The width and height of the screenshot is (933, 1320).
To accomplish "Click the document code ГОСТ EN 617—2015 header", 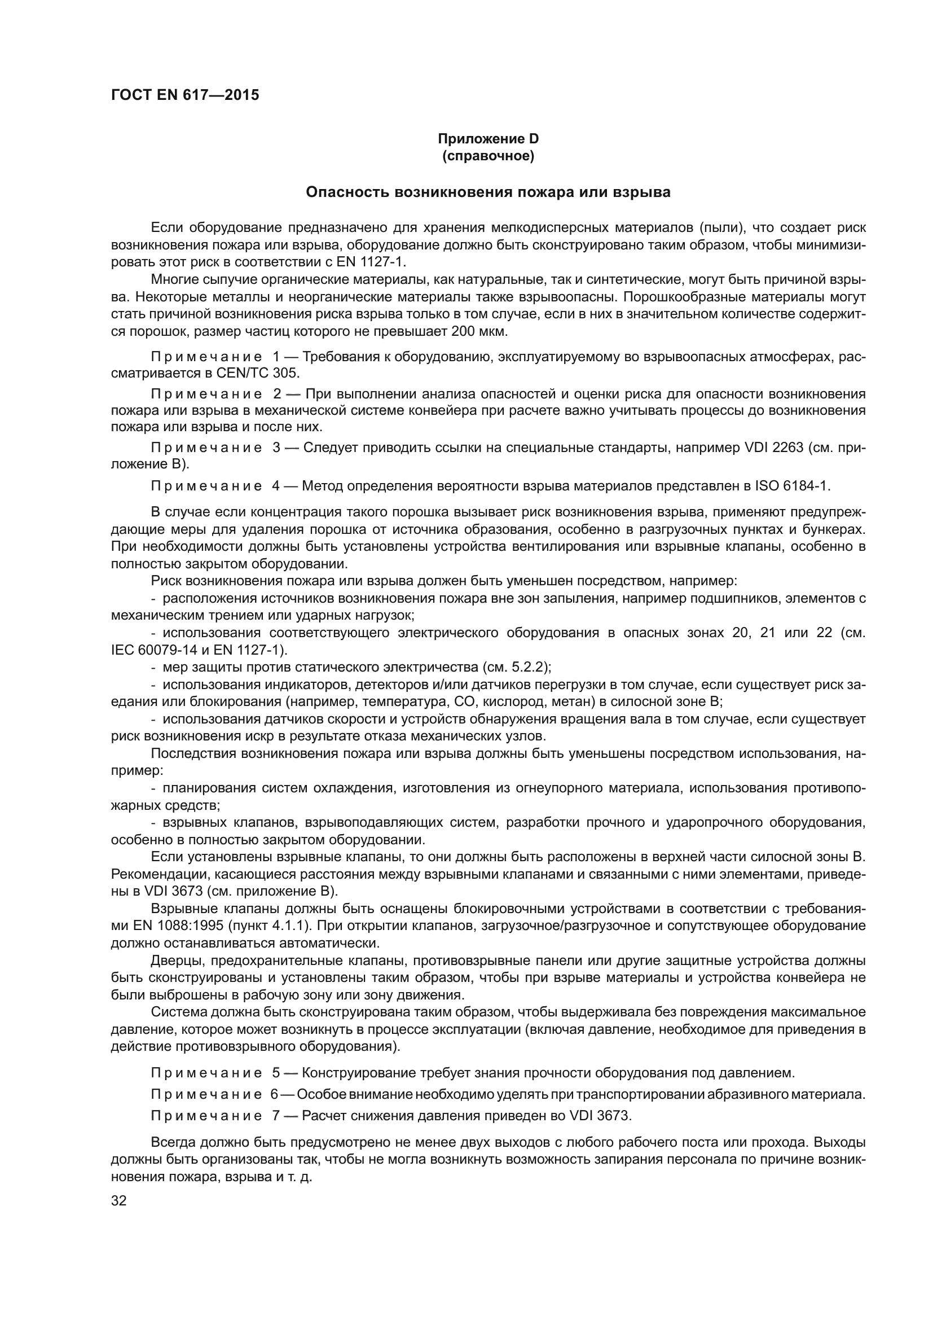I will (x=184, y=95).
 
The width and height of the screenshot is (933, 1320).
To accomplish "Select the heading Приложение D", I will (x=488, y=139).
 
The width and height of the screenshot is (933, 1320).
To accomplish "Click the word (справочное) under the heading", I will (x=488, y=156).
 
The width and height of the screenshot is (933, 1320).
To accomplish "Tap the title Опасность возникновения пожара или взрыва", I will (x=488, y=192).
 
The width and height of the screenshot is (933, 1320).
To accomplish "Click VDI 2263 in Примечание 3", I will (x=773, y=448).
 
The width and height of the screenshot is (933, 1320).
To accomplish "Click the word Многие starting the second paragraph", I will (x=175, y=280).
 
